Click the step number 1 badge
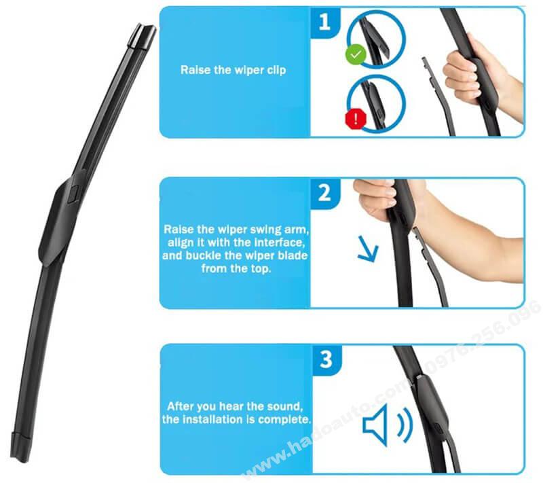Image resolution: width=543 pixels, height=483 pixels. [324, 22]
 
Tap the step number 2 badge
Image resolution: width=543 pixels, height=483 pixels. [324, 193]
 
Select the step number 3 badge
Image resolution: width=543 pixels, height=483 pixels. [326, 359]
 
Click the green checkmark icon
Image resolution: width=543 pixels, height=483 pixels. [356, 54]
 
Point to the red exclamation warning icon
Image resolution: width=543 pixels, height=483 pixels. [356, 119]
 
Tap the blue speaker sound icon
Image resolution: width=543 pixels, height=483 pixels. [387, 425]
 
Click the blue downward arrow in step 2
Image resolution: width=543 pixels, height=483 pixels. [368, 249]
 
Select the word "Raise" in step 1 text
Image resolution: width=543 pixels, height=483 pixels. [195, 70]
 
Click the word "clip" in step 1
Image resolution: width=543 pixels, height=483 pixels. [276, 71]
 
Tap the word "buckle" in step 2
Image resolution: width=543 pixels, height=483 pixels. [204, 255]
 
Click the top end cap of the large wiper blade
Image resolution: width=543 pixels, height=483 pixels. [142, 36]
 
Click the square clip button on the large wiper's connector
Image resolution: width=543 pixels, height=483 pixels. [73, 194]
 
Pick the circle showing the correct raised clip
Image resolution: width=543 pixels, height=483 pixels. [376, 39]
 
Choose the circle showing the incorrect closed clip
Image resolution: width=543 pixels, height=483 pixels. [376, 103]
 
